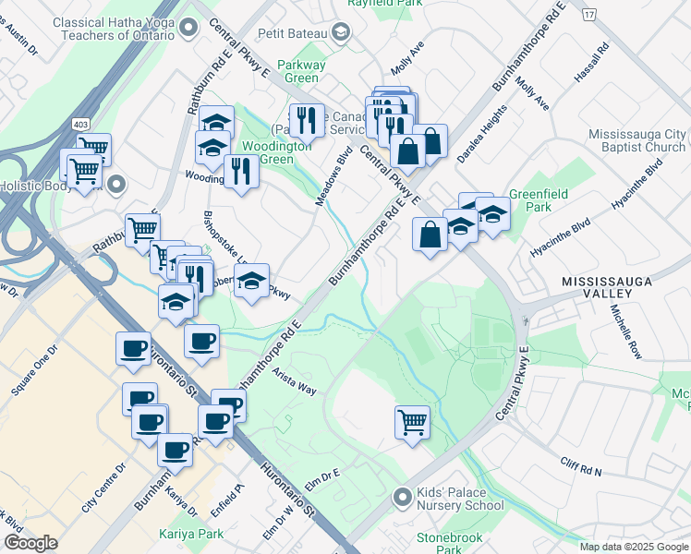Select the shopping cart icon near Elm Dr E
coord(412,423)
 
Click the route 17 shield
coord(588,15)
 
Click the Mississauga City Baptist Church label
coord(636,140)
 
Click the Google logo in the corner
coord(30,543)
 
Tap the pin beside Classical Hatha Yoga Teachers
coord(189,29)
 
